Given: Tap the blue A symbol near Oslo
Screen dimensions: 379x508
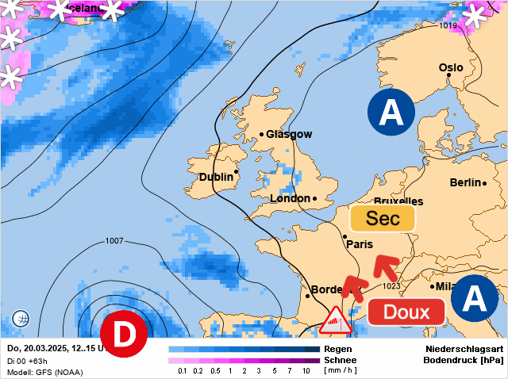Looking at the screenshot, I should pyautogui.click(x=391, y=113).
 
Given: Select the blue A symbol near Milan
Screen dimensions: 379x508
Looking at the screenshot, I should pyautogui.click(x=474, y=298).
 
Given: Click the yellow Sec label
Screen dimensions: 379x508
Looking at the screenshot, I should pyautogui.click(x=383, y=219).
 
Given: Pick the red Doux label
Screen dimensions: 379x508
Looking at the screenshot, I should pyautogui.click(x=406, y=312).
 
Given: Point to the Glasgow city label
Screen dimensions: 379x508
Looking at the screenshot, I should pyautogui.click(x=289, y=134).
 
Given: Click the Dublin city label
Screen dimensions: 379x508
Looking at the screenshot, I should pyautogui.click(x=216, y=177).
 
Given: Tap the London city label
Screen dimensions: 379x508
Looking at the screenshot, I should pyautogui.click(x=291, y=198).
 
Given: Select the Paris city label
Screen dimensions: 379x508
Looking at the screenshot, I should pyautogui.click(x=360, y=244).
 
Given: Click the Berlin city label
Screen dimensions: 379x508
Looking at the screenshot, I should pyautogui.click(x=466, y=182).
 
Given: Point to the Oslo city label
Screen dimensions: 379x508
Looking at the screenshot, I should pyautogui.click(x=451, y=67).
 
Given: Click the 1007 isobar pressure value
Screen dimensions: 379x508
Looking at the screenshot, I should pyautogui.click(x=114, y=240).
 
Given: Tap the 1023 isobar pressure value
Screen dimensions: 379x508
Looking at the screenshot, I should pyautogui.click(x=391, y=285).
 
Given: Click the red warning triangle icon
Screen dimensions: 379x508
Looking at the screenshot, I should pyautogui.click(x=337, y=320).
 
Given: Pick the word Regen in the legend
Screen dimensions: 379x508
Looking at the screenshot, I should pyautogui.click(x=337, y=348).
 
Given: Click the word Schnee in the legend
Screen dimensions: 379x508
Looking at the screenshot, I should pyautogui.click(x=341, y=359).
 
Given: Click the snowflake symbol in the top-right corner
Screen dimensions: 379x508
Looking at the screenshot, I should pyautogui.click(x=476, y=14).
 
